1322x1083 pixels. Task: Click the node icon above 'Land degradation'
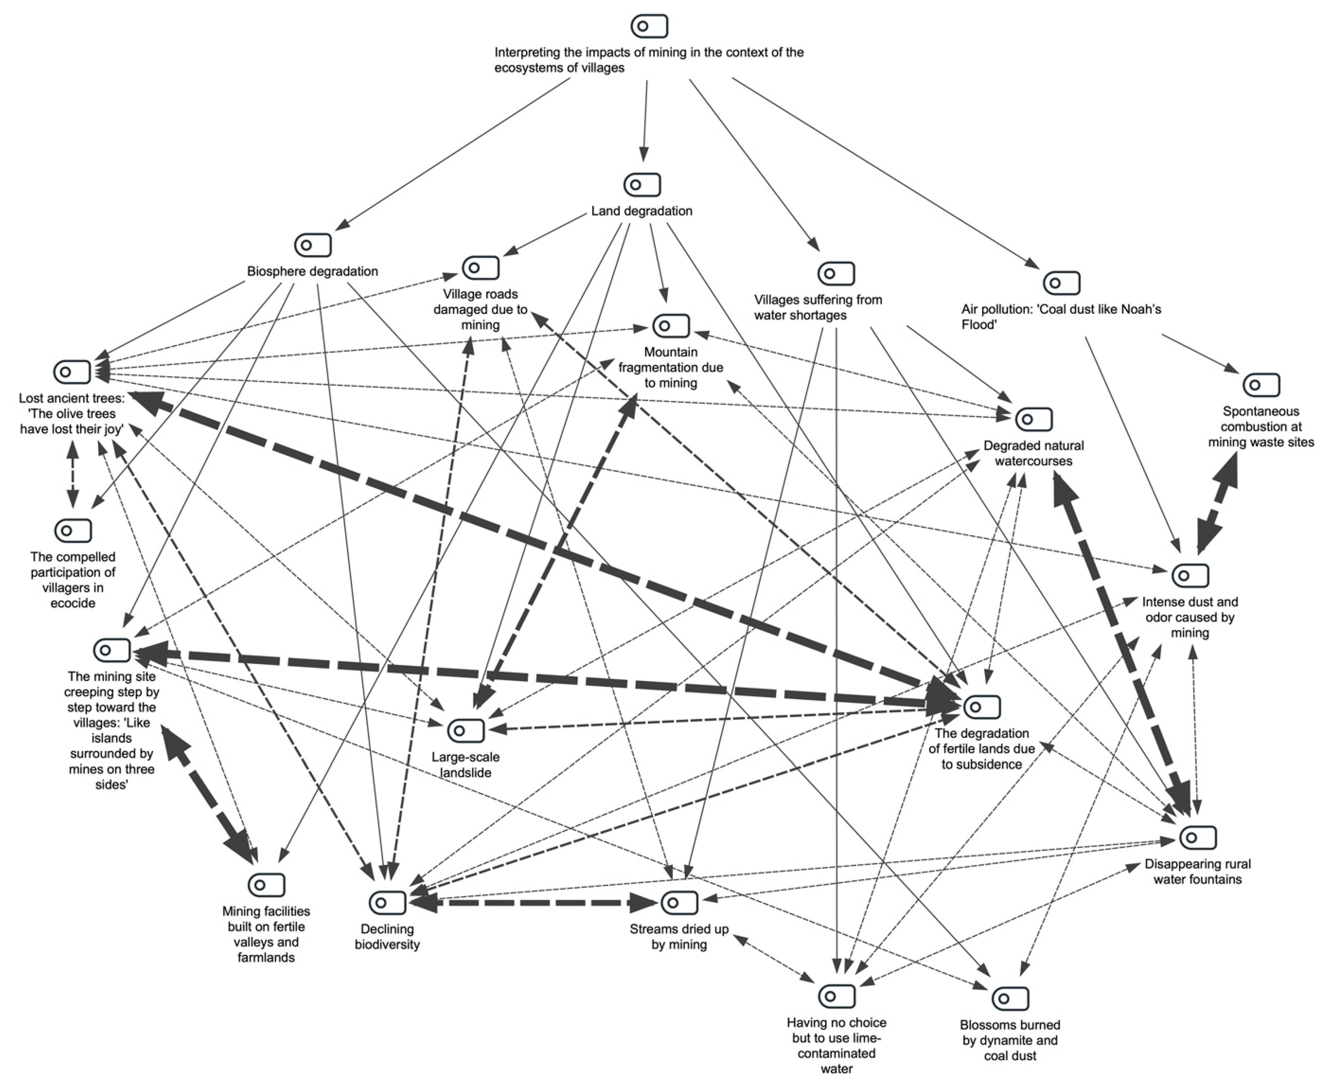click(x=642, y=185)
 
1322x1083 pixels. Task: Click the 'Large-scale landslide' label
click(x=465, y=764)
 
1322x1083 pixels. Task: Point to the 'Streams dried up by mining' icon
click(x=679, y=902)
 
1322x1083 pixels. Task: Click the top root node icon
click(x=649, y=26)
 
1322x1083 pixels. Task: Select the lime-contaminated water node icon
click(x=836, y=996)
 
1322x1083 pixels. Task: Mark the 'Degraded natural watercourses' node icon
click(x=1034, y=419)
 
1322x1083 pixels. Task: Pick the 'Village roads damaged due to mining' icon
click(x=480, y=268)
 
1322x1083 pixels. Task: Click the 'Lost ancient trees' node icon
click(x=72, y=372)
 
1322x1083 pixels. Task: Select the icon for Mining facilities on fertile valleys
click(x=266, y=884)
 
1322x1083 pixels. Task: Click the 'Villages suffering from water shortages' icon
click(x=836, y=273)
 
